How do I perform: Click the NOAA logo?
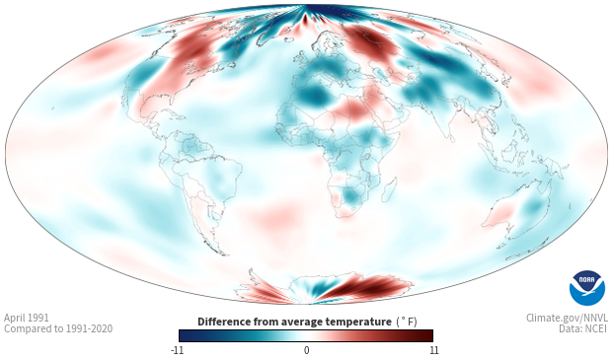[587, 288]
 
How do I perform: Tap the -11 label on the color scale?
[177, 350]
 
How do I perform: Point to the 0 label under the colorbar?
[306, 350]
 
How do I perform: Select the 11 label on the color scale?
[433, 350]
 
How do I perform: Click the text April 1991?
[27, 318]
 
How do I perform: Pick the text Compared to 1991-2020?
[58, 328]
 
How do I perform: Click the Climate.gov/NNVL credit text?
[567, 318]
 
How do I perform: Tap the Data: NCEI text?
[583, 328]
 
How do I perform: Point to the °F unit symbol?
[407, 322]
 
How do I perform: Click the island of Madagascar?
[390, 189]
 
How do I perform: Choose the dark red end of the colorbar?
[426, 335]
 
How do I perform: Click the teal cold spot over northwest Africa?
[312, 96]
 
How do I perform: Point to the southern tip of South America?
[223, 253]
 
